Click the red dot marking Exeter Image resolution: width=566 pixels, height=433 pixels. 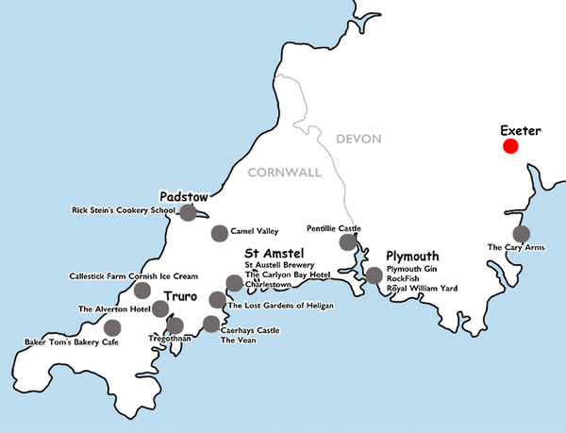pos(510,145)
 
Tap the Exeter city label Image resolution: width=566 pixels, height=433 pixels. pos(520,129)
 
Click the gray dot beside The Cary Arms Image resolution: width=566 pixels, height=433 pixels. pos(520,235)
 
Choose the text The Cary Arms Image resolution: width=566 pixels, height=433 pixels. pos(515,247)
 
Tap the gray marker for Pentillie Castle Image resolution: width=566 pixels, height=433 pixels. pos(348,243)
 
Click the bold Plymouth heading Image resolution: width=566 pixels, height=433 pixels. pos(413,257)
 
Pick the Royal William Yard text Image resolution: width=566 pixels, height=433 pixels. pos(423,288)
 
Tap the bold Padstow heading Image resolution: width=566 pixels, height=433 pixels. pos(183,196)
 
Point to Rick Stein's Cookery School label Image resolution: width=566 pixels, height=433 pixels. pos(125,209)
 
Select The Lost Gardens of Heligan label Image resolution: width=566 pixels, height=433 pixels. pos(281,306)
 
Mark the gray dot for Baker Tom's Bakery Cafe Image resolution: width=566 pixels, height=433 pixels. pos(112,328)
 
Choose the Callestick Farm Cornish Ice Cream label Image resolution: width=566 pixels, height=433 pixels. pos(133,276)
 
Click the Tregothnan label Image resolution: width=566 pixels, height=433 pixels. pos(170,338)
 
